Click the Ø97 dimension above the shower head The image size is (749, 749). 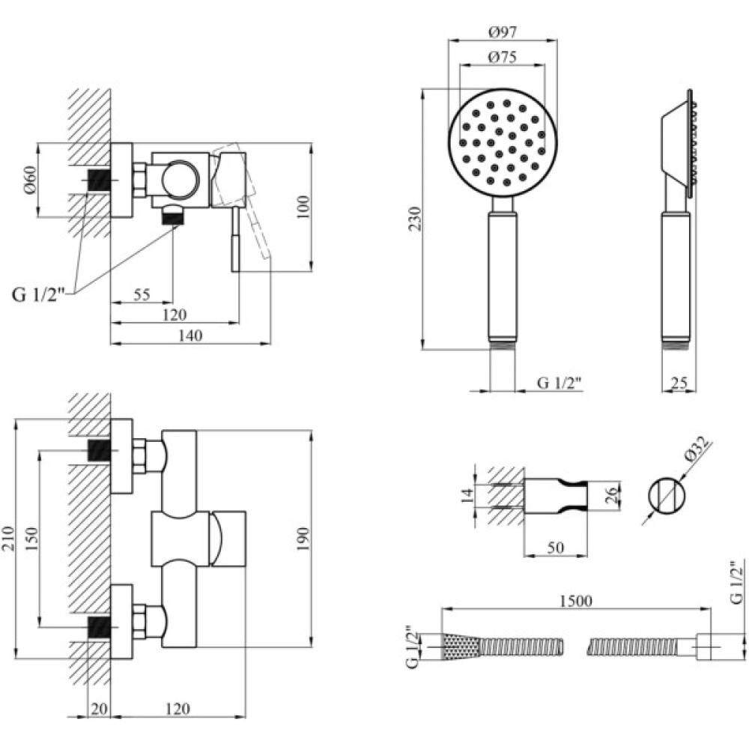click(x=503, y=32)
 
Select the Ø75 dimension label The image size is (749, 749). click(x=503, y=57)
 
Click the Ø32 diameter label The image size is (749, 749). click(x=696, y=455)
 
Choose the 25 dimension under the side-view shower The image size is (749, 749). click(x=679, y=383)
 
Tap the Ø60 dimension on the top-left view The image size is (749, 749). click(x=30, y=179)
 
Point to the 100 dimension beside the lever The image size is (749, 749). click(x=302, y=205)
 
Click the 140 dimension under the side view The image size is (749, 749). click(x=193, y=336)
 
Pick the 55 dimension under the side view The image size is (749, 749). click(x=141, y=295)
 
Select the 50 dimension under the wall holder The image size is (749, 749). click(x=555, y=548)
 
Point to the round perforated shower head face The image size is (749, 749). click(x=503, y=144)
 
